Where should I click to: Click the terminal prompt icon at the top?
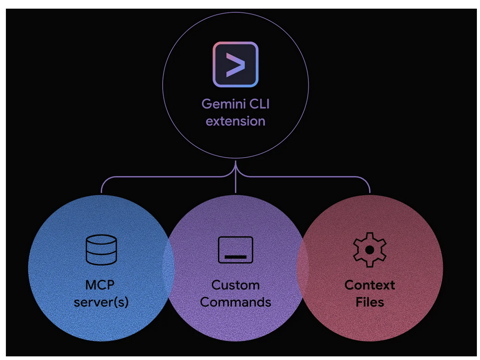[x=235, y=65]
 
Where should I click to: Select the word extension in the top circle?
[x=235, y=122]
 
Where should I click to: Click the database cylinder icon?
[x=101, y=250]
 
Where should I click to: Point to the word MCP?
[x=100, y=285]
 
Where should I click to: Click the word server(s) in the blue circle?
[x=100, y=302]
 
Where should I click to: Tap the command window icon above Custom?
[x=235, y=250]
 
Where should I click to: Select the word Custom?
[x=235, y=285]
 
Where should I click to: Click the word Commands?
[x=235, y=302]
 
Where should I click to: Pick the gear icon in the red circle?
[x=369, y=250]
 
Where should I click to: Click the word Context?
[x=369, y=285]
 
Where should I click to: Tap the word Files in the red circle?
[x=369, y=302]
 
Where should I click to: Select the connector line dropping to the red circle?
[x=370, y=187]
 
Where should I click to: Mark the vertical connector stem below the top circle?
[x=235, y=170]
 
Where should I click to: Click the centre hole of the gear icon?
[x=369, y=250]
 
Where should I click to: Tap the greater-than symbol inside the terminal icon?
[x=235, y=65]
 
